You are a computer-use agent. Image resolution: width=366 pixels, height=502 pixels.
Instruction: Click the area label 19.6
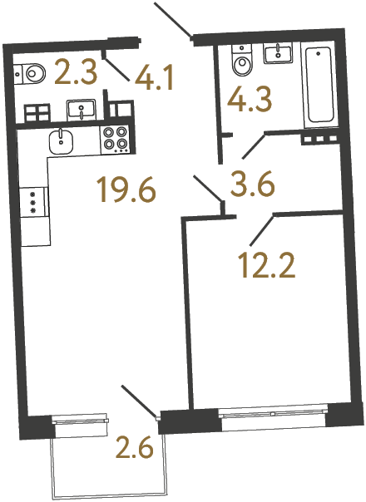(x=126, y=191)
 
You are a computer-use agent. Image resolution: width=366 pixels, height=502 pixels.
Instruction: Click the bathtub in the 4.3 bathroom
(x=319, y=86)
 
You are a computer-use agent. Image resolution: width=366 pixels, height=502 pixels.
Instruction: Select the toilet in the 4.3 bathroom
(x=240, y=61)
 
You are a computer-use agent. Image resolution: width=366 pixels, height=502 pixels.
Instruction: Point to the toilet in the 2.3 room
(x=29, y=73)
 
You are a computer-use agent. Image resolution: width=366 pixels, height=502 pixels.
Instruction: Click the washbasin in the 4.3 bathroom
(x=276, y=55)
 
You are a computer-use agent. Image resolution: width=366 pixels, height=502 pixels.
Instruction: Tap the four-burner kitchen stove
(x=116, y=139)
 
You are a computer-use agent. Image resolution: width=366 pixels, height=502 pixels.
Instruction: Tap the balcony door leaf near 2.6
(x=138, y=401)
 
